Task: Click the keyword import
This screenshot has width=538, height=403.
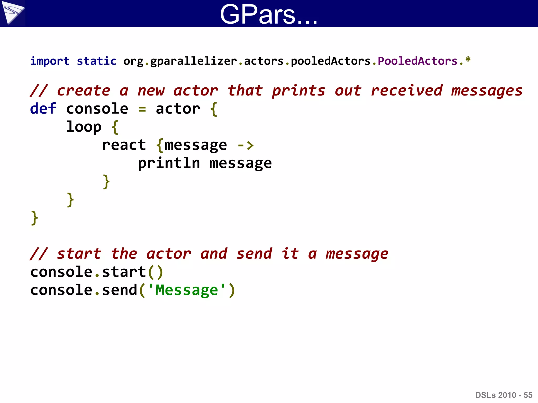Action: (x=50, y=61)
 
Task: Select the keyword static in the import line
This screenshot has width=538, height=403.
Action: (x=96, y=61)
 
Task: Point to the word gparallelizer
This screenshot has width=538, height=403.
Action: (x=194, y=61)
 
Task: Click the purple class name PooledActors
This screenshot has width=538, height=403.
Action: (x=418, y=61)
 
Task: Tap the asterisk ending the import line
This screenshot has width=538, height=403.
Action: (x=468, y=60)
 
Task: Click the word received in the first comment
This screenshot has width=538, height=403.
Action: (x=407, y=91)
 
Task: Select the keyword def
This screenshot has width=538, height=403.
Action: (x=43, y=109)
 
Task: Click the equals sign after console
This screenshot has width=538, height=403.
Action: (x=142, y=109)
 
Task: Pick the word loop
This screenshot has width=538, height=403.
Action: (x=84, y=127)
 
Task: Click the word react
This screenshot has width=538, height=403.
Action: (x=124, y=145)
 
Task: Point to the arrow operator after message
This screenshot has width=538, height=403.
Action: (x=246, y=145)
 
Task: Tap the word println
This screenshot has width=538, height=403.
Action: (x=169, y=163)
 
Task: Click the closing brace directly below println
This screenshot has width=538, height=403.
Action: (x=106, y=182)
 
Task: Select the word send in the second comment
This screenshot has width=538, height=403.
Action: (x=254, y=254)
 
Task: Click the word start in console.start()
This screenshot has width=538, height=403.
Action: (x=124, y=272)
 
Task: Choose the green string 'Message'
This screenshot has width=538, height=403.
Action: (x=187, y=290)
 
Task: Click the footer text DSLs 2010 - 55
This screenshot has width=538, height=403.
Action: (x=504, y=395)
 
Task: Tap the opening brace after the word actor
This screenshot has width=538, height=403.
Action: (x=214, y=109)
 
